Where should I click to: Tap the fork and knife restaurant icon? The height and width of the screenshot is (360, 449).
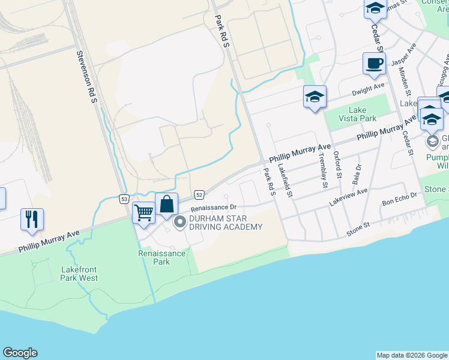pyautogui.click(x=31, y=218)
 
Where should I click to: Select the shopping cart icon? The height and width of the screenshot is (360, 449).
pyautogui.click(x=143, y=212)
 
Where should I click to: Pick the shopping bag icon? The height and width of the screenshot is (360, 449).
pyautogui.click(x=166, y=204)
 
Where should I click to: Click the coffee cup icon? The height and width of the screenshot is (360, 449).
pyautogui.click(x=374, y=64)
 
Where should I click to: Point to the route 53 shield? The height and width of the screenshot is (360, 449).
pyautogui.click(x=124, y=199)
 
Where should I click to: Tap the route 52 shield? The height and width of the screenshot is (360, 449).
pyautogui.click(x=199, y=194)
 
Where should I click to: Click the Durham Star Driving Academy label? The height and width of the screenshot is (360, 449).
pyautogui.click(x=226, y=223)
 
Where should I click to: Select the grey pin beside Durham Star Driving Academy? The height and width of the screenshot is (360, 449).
pyautogui.click(x=179, y=223)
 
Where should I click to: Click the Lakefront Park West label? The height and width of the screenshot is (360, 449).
pyautogui.click(x=79, y=274)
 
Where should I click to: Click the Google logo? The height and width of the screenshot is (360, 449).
pyautogui.click(x=20, y=353)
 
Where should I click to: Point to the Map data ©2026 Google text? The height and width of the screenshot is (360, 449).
pyautogui.click(x=412, y=355)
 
